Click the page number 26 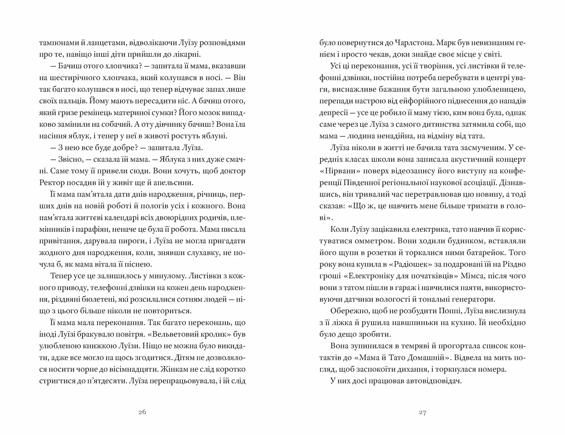click(x=142, y=412)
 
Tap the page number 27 click(x=423, y=413)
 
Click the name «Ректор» click(x=51, y=183)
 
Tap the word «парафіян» click(x=85, y=229)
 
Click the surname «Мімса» click(x=471, y=276)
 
